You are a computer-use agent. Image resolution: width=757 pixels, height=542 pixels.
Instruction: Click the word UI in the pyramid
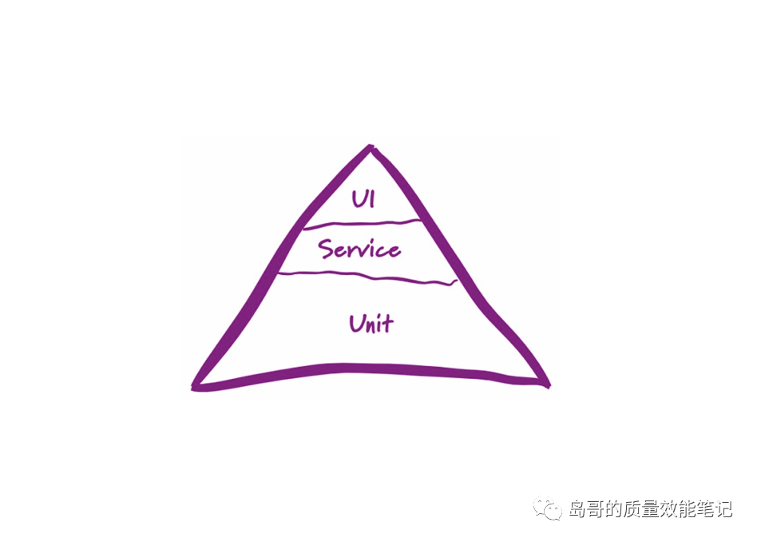pyautogui.click(x=363, y=198)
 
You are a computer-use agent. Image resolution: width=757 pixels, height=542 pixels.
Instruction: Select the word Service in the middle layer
pyautogui.click(x=359, y=249)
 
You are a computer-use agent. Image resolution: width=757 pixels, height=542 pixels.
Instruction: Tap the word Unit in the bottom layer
pyautogui.click(x=371, y=324)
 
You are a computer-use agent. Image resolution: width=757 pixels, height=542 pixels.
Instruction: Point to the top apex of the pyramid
pyautogui.click(x=370, y=147)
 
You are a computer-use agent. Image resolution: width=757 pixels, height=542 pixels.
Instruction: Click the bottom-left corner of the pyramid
pyautogui.click(x=196, y=386)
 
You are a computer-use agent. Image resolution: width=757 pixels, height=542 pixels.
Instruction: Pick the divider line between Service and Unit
pyautogui.click(x=367, y=277)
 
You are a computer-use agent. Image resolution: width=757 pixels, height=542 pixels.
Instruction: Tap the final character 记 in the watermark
pyautogui.click(x=723, y=509)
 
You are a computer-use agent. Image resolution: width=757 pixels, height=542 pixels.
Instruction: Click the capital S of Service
pyautogui.click(x=326, y=249)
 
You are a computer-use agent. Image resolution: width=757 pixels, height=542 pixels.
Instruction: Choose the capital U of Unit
pyautogui.click(x=357, y=324)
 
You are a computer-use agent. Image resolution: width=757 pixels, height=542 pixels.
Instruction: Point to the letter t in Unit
pyautogui.click(x=389, y=324)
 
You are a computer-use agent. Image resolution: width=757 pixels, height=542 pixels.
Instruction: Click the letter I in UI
pyautogui.click(x=371, y=198)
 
